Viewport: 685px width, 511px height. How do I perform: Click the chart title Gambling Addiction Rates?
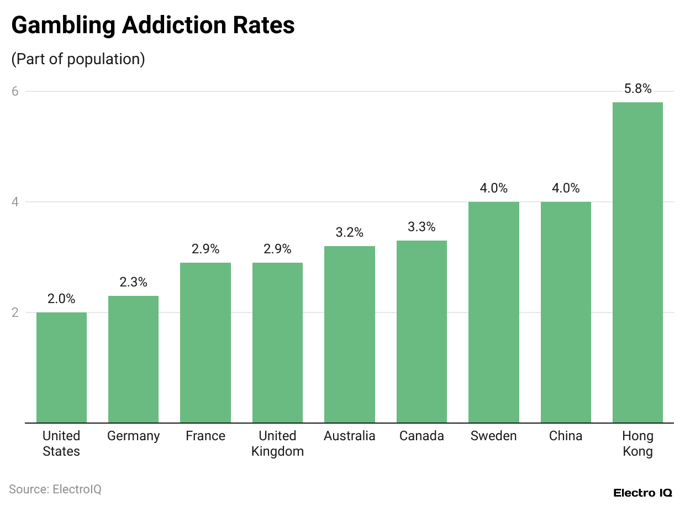click(x=153, y=25)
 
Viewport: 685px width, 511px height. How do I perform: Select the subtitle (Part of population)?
click(x=78, y=59)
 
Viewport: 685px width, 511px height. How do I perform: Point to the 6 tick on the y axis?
click(x=15, y=91)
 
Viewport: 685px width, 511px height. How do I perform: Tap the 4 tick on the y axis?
click(x=15, y=202)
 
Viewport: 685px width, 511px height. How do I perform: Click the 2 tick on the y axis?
click(x=15, y=312)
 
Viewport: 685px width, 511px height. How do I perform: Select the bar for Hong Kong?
click(x=637, y=263)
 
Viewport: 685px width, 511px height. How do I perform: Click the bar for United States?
click(x=61, y=368)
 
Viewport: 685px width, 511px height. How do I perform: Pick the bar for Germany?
click(x=133, y=359)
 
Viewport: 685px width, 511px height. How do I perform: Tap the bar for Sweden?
click(x=493, y=312)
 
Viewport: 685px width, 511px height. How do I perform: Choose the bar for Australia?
click(x=350, y=335)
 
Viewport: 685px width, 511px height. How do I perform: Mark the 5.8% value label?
click(x=637, y=88)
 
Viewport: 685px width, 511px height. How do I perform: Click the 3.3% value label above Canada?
click(x=421, y=227)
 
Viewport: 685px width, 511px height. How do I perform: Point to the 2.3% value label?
click(x=133, y=282)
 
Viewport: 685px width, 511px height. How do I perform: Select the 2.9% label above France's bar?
click(x=205, y=249)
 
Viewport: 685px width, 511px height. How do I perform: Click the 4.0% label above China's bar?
click(x=566, y=188)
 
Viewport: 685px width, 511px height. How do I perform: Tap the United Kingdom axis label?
click(x=277, y=444)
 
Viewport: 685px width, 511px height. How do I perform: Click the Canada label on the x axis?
click(x=421, y=436)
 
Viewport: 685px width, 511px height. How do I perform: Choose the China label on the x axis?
click(x=566, y=436)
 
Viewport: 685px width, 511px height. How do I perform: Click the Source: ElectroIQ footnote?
click(x=55, y=489)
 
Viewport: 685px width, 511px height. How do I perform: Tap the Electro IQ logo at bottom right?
click(x=642, y=493)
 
